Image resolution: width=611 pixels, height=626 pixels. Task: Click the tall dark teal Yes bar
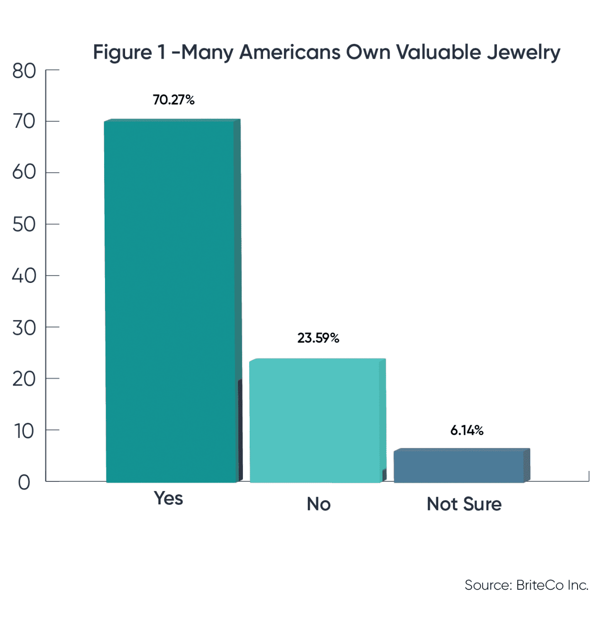click(171, 301)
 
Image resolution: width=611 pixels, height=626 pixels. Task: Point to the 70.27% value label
click(174, 100)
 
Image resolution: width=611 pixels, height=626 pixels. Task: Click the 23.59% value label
click(318, 338)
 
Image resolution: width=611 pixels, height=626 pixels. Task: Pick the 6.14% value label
click(467, 430)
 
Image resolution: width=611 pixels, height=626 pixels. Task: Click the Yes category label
click(169, 498)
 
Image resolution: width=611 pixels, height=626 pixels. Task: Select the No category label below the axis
click(318, 504)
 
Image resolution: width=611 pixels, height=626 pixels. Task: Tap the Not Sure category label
click(464, 504)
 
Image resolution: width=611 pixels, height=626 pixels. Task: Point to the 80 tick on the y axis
click(24, 71)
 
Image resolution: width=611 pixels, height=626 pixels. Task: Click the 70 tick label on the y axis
click(24, 122)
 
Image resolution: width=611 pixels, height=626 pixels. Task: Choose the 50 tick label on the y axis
click(24, 224)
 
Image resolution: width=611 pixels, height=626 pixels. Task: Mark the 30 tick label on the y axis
click(24, 328)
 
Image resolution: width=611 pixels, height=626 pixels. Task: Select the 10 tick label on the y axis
click(24, 431)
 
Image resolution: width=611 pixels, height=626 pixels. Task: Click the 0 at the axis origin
click(24, 482)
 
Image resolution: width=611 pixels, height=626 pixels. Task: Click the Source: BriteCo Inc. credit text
click(527, 585)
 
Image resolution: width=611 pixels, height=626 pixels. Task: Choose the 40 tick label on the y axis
click(24, 276)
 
